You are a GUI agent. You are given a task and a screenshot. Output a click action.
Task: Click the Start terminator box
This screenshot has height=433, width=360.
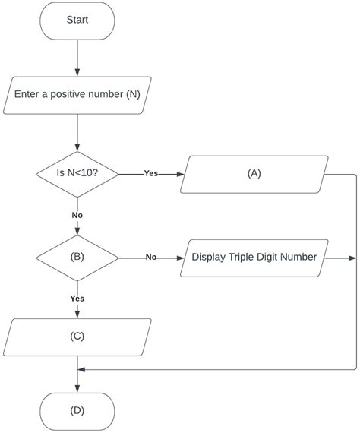77,21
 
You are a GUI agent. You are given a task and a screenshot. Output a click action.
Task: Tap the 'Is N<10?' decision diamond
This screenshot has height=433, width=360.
77,173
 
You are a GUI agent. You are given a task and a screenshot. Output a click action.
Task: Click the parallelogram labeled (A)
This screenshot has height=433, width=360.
254,173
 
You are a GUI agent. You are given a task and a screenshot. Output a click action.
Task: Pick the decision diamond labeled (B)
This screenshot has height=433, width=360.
77,257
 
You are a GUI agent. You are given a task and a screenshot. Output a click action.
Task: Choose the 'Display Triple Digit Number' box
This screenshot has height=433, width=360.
254,257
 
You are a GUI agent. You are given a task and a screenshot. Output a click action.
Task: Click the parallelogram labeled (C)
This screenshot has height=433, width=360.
77,337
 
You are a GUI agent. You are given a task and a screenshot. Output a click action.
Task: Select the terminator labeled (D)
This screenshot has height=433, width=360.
77,411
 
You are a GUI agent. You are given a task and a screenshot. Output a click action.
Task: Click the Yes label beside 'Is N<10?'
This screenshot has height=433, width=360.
151,173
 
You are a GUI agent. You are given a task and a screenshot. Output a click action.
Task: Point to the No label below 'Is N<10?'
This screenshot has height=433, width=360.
77,215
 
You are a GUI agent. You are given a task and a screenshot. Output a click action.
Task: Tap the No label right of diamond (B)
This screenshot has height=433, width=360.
151,257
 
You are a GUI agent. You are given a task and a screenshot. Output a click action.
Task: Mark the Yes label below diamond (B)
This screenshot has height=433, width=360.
77,299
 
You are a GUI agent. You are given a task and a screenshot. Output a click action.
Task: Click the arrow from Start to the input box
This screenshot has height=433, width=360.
77,58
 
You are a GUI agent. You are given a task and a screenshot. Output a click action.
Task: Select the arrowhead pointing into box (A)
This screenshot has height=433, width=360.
181,173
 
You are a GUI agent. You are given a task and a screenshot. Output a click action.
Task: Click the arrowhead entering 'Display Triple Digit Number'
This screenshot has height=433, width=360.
181,257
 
